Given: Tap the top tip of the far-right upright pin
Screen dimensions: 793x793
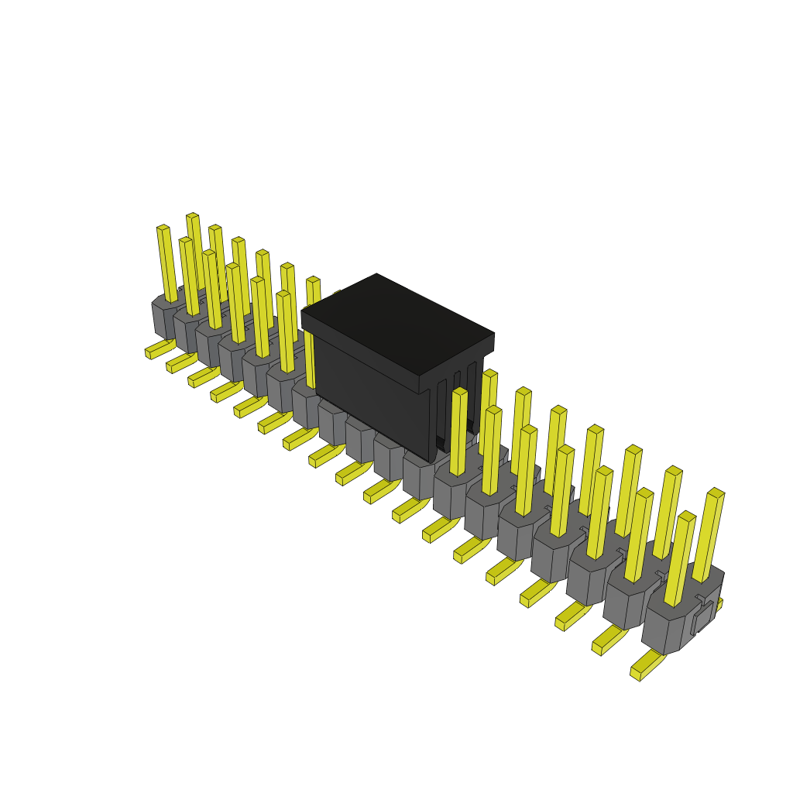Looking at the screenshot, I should (x=716, y=493).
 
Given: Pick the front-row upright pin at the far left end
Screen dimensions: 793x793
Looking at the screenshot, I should (x=167, y=263).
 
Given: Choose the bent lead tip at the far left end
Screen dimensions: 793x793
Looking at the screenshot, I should (x=149, y=353).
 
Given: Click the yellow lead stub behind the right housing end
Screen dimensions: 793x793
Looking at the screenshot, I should (x=719, y=604).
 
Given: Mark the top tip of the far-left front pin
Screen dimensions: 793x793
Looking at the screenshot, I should (x=163, y=228).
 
